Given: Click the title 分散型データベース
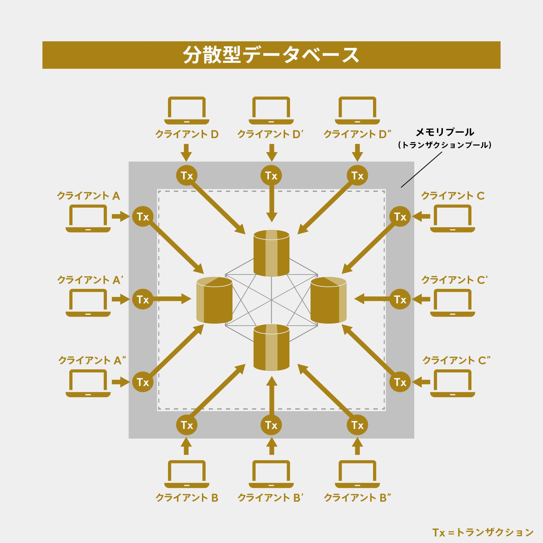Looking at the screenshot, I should point(271,55).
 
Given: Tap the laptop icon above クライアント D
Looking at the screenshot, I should point(187,110).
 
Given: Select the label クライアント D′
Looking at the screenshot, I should point(270,134).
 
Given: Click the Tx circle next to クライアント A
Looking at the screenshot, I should point(143,217).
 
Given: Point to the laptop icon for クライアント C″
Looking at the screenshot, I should point(453,383).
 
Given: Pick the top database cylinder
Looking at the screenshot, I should point(271,253).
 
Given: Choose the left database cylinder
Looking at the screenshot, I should point(214,300).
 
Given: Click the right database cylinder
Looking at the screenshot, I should point(328,300).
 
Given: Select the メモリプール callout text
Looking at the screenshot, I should point(445,132).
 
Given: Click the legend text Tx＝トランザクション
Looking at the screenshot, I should point(483,532).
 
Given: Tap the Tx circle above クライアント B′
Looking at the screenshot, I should point(271,425).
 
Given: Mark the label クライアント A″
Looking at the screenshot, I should point(92,361).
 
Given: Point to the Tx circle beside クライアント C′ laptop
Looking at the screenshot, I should point(400,299).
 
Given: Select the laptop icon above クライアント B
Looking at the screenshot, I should point(187,474).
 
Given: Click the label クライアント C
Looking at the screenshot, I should point(453,196).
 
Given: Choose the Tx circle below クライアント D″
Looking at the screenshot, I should point(357,176).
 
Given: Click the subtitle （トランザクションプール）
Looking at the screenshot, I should point(445,145).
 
